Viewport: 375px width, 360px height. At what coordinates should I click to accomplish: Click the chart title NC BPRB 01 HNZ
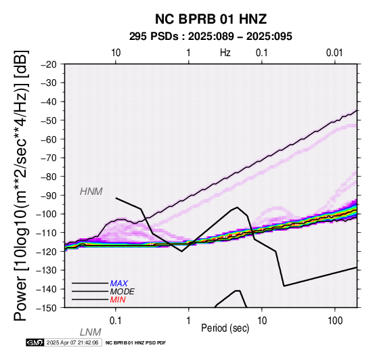tap(211, 19)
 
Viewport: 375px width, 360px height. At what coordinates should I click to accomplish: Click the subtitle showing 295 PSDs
tap(211, 37)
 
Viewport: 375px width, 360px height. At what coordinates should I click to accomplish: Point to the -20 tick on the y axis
tap(48, 64)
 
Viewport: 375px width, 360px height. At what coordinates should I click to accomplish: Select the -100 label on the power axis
tap(46, 214)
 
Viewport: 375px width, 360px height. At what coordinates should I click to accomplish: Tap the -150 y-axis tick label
tap(46, 308)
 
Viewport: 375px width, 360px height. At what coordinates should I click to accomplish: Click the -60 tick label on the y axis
tap(48, 139)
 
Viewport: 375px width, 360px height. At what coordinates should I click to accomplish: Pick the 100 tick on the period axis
tap(335, 321)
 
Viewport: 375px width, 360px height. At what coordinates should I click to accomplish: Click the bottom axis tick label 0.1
tap(116, 321)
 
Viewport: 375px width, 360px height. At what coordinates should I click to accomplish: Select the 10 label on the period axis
tap(262, 321)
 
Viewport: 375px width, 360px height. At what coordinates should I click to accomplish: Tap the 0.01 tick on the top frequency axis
tap(334, 53)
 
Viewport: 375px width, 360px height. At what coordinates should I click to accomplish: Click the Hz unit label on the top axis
tap(225, 53)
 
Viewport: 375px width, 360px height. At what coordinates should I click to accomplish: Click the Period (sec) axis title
tap(225, 328)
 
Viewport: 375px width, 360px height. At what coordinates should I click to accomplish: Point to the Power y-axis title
tap(21, 185)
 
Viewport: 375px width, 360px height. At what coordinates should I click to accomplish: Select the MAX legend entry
tap(119, 284)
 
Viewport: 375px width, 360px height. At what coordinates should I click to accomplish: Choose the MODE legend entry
tap(123, 292)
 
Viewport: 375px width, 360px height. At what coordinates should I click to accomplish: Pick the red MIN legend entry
tap(118, 300)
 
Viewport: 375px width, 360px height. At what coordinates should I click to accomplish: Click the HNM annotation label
tap(91, 192)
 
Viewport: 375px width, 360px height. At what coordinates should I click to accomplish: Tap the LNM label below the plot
tap(91, 332)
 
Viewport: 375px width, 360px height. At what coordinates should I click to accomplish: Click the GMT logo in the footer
tap(35, 342)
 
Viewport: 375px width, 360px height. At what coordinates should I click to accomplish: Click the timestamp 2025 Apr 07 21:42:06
tap(72, 342)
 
